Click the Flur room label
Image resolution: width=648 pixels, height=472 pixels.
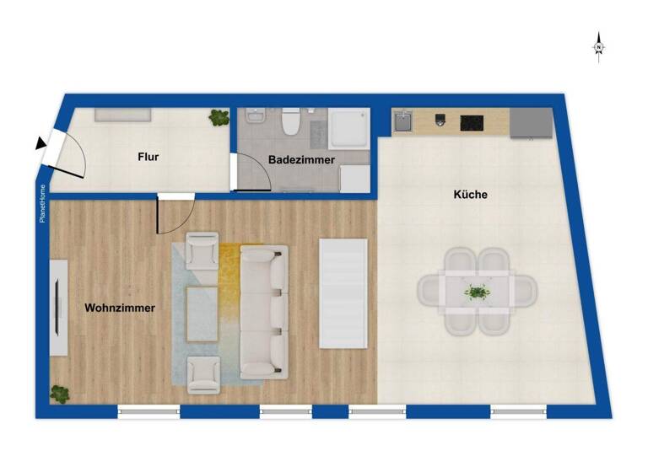click(x=148, y=157)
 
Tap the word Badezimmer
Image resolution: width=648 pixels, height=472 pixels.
click(x=301, y=159)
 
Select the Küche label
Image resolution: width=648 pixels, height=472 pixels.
click(x=470, y=195)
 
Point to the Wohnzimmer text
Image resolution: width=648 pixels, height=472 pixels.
click(x=120, y=308)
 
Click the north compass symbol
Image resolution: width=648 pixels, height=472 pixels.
click(x=598, y=46)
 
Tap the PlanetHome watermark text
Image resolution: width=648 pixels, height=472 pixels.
click(x=43, y=205)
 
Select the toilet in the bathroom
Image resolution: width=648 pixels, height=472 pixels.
click(x=291, y=123)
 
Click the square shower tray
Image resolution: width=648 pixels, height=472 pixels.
click(x=348, y=128)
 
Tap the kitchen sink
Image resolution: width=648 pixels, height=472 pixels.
click(x=403, y=123)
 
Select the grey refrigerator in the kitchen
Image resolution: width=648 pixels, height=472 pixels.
click(x=531, y=123)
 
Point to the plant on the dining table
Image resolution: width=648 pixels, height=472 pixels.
click(x=478, y=292)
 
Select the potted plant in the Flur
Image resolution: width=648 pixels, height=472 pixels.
click(x=219, y=118)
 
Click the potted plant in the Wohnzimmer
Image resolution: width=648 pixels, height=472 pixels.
click(x=60, y=392)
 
